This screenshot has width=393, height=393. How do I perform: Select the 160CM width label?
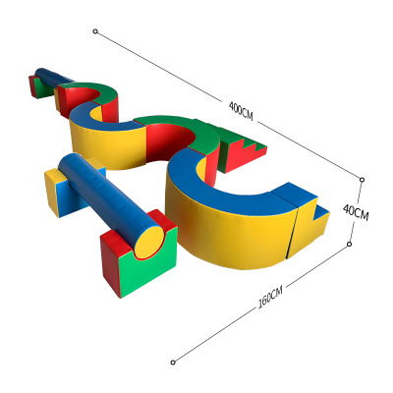point(271,297)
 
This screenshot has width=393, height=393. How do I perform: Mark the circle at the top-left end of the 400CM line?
point(95,31)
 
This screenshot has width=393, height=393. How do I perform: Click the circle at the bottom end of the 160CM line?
point(174,362)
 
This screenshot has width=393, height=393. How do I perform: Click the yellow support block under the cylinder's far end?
point(59,192)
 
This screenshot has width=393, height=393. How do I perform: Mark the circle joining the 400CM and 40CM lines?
point(363,180)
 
